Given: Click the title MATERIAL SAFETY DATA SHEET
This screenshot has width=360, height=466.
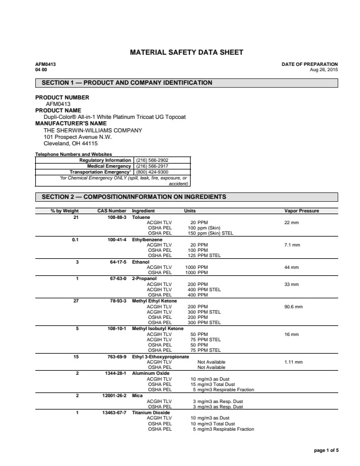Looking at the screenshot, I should [186, 53].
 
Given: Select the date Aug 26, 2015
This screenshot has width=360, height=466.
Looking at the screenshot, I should [324, 69].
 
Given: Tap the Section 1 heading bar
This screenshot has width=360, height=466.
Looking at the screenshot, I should [186, 83].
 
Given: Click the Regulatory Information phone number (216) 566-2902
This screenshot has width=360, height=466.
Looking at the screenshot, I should [152, 160].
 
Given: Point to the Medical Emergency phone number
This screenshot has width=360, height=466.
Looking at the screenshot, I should [152, 166].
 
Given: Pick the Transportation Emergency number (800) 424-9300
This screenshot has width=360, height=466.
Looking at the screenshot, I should [152, 172].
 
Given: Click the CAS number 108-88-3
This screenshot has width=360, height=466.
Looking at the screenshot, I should [116, 217].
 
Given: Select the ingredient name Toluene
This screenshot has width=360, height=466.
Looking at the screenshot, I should [141, 217].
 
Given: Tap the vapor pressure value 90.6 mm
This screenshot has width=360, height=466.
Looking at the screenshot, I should [294, 307].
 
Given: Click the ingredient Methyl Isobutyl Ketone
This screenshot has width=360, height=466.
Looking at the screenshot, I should [158, 328].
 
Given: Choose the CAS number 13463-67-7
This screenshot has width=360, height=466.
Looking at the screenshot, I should [114, 413].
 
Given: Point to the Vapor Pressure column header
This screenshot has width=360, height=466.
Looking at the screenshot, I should [302, 211].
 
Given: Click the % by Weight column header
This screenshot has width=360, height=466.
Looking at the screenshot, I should [65, 211].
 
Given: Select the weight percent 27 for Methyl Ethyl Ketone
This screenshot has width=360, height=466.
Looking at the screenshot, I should [75, 301].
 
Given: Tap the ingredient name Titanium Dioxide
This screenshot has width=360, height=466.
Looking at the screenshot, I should [151, 413].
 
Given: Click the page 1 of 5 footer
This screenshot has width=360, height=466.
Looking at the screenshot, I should [326, 451].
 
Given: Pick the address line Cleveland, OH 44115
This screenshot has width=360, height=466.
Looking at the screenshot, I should [71, 143].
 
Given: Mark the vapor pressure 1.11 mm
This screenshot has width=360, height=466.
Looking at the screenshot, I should [294, 362].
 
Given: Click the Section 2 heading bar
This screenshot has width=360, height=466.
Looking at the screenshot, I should [186, 197].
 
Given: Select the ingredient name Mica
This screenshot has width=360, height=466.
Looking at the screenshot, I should [137, 396].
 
